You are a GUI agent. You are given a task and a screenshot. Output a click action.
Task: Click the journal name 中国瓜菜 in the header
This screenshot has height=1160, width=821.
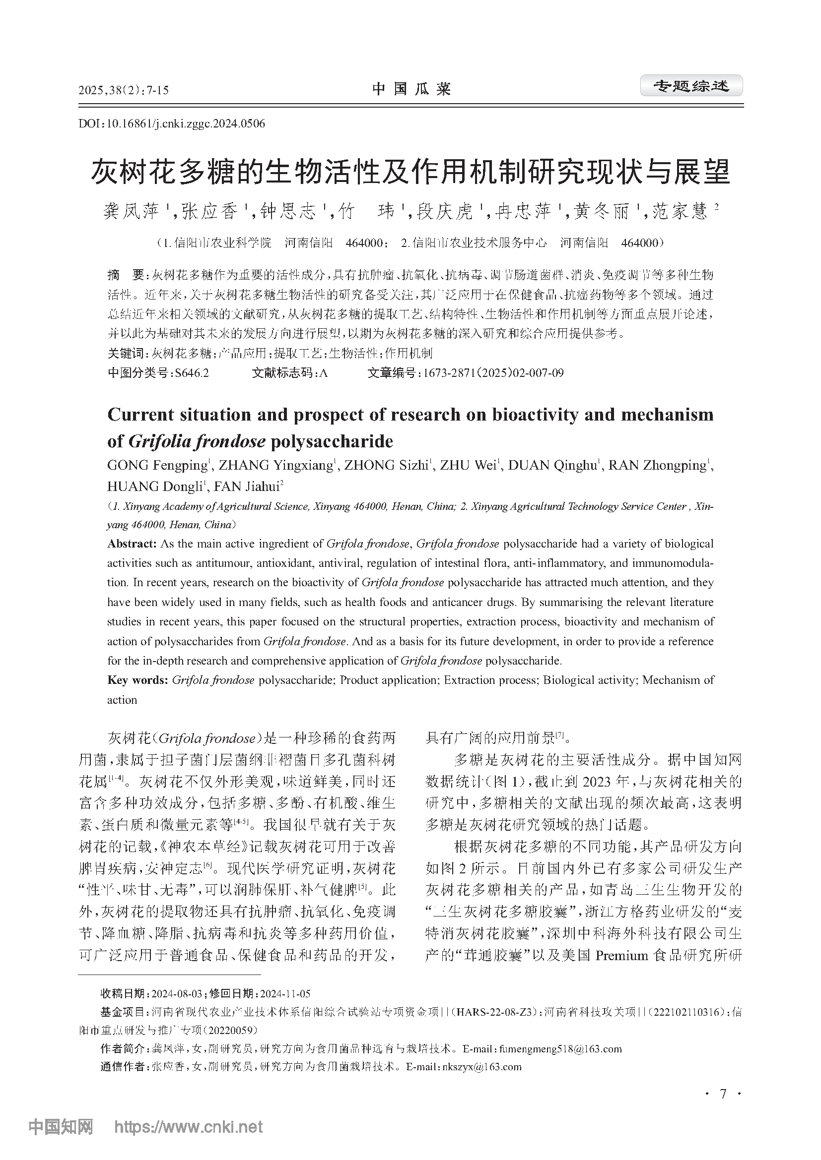click(411, 89)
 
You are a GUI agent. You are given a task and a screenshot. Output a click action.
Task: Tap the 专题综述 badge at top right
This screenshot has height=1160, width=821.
click(691, 86)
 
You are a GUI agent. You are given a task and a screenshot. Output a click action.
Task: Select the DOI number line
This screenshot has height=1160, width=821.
click(172, 124)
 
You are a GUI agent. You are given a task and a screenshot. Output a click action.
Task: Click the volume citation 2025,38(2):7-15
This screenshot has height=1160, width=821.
click(124, 91)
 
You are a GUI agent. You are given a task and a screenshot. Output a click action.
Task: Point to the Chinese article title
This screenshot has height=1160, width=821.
click(410, 172)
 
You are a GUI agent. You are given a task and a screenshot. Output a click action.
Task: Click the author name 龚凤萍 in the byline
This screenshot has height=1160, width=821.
click(131, 211)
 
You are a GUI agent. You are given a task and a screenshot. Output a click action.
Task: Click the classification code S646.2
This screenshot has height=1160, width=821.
click(192, 373)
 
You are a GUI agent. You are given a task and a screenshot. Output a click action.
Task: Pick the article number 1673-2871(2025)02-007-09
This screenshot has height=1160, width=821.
click(493, 373)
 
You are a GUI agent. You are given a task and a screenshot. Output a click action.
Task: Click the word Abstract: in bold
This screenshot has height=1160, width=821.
click(132, 544)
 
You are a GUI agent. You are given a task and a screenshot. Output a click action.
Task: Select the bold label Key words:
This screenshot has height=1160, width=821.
click(137, 680)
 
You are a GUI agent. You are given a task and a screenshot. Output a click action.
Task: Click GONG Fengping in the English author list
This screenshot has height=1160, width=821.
click(157, 465)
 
